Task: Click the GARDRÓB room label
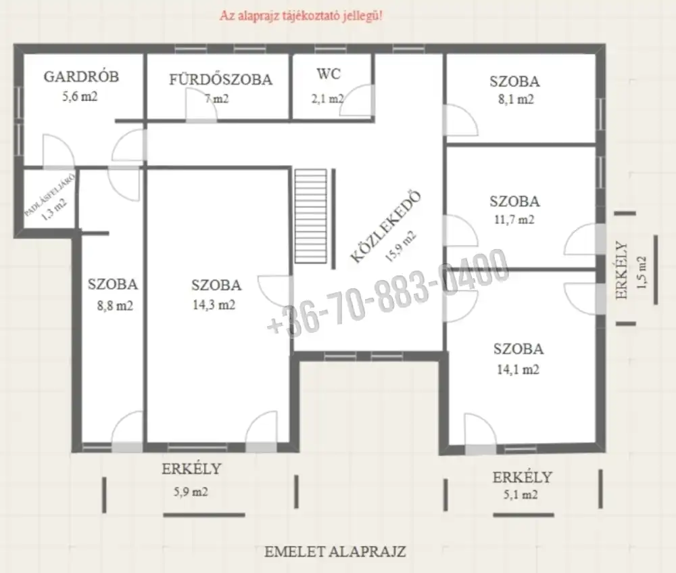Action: [x=81, y=76]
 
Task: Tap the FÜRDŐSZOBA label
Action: [x=220, y=79]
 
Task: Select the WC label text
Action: [x=329, y=74]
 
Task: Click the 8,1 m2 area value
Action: [x=516, y=99]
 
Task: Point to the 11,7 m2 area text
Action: [x=514, y=220]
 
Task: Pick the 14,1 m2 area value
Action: [x=518, y=369]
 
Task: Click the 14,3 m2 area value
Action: [x=214, y=305]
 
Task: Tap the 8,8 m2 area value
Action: [x=115, y=306]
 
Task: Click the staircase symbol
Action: [x=310, y=216]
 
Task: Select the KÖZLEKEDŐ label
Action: [x=385, y=227]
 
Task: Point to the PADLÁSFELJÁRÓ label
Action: [x=49, y=194]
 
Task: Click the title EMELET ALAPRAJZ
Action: [x=335, y=551]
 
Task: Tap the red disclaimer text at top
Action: [x=301, y=16]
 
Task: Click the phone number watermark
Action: [x=388, y=292]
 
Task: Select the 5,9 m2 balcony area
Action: [x=191, y=492]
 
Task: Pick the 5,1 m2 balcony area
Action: [x=521, y=495]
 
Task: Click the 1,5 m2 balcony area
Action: [x=642, y=272]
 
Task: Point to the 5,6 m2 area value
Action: [x=80, y=96]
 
